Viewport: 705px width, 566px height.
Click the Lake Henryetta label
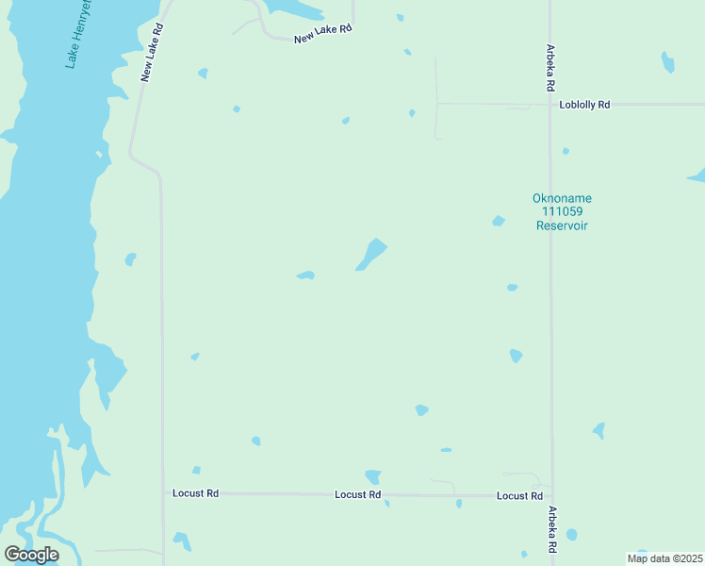pos(79,34)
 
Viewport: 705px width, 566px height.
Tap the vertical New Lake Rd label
pos(153,52)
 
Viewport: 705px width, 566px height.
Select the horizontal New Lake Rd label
pos(322,34)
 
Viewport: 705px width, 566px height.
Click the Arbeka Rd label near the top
pos(550,68)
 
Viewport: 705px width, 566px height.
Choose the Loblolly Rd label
pos(584,105)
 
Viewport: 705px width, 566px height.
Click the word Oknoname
pos(562,198)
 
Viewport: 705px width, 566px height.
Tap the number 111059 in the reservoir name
pos(562,212)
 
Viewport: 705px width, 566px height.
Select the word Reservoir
pos(562,225)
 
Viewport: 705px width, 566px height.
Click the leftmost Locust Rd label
pos(196,492)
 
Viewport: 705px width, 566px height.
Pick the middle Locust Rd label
pos(358,494)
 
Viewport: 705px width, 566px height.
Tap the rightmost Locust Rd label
pos(519,495)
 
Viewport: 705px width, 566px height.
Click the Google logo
pos(31,555)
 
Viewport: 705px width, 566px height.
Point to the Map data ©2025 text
pos(664,558)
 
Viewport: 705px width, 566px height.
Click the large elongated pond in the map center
pos(372,253)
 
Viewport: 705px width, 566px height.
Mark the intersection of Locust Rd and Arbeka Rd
pos(551,496)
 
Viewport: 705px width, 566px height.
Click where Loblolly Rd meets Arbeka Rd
pos(550,104)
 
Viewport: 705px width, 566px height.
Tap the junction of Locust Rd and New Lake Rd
pos(163,492)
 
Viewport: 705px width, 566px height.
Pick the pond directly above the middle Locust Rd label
pos(373,476)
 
